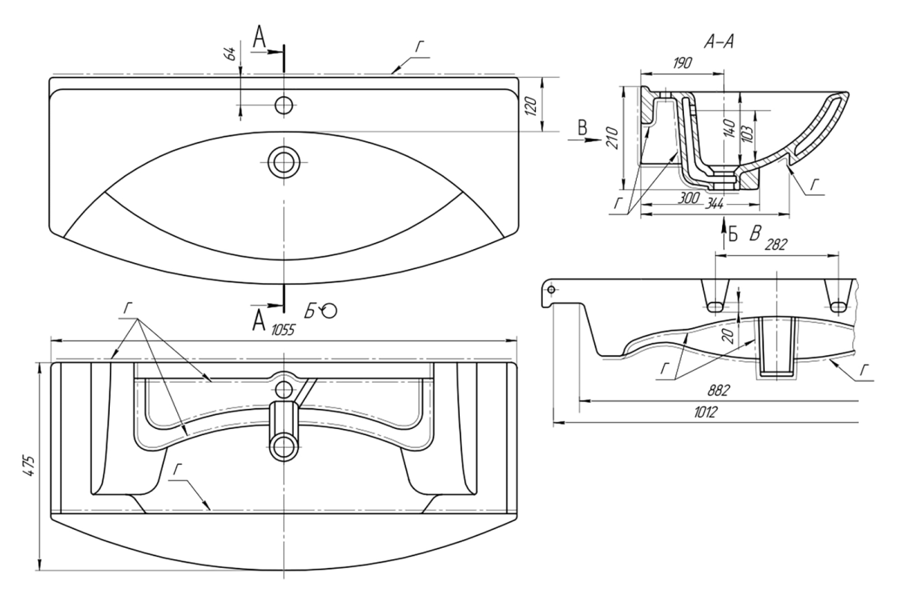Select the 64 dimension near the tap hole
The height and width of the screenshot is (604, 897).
click(x=232, y=53)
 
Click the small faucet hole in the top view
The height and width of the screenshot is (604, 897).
click(x=283, y=105)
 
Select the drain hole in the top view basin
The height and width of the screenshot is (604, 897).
click(x=283, y=161)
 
